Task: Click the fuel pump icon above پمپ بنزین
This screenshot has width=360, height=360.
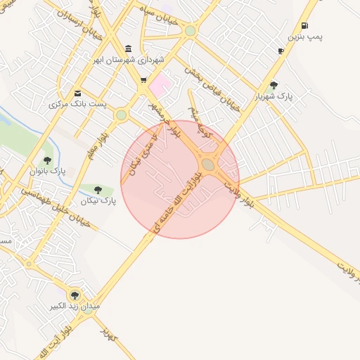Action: click(x=304, y=25)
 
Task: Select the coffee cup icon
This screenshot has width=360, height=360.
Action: click(x=281, y=51)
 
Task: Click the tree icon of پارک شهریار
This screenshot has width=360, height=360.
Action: click(x=274, y=85)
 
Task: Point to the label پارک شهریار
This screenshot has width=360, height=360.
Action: click(x=274, y=95)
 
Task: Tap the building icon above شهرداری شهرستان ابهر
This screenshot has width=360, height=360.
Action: click(x=127, y=49)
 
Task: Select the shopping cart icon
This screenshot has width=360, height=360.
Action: click(x=143, y=80)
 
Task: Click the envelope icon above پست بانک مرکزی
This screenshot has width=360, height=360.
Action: click(x=77, y=94)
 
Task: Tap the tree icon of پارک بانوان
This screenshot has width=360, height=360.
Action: click(x=47, y=160)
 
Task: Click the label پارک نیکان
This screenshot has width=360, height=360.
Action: click(x=97, y=202)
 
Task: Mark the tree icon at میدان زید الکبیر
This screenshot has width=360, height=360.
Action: click(x=74, y=295)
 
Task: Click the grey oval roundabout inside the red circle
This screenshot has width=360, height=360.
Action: click(x=208, y=165)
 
